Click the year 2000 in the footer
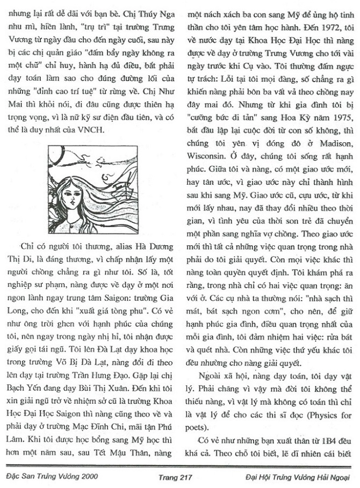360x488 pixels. pos(84,477)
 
